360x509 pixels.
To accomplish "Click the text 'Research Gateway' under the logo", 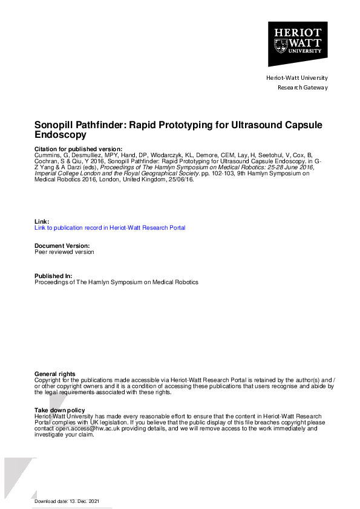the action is (x=303, y=88).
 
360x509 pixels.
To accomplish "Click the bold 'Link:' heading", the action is (x=42, y=222).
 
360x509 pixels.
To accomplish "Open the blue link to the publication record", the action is (x=110, y=228).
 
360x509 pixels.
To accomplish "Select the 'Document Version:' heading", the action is (x=62, y=246).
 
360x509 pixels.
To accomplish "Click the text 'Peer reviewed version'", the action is (x=64, y=252).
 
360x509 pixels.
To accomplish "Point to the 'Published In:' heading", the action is (x=53, y=276).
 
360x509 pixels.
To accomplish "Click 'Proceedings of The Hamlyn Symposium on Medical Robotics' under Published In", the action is (x=116, y=282).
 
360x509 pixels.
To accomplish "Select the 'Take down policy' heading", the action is (x=60, y=410).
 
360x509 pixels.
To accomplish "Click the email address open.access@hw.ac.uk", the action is (x=88, y=428).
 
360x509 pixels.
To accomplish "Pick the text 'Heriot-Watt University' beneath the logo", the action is (x=297, y=78).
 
